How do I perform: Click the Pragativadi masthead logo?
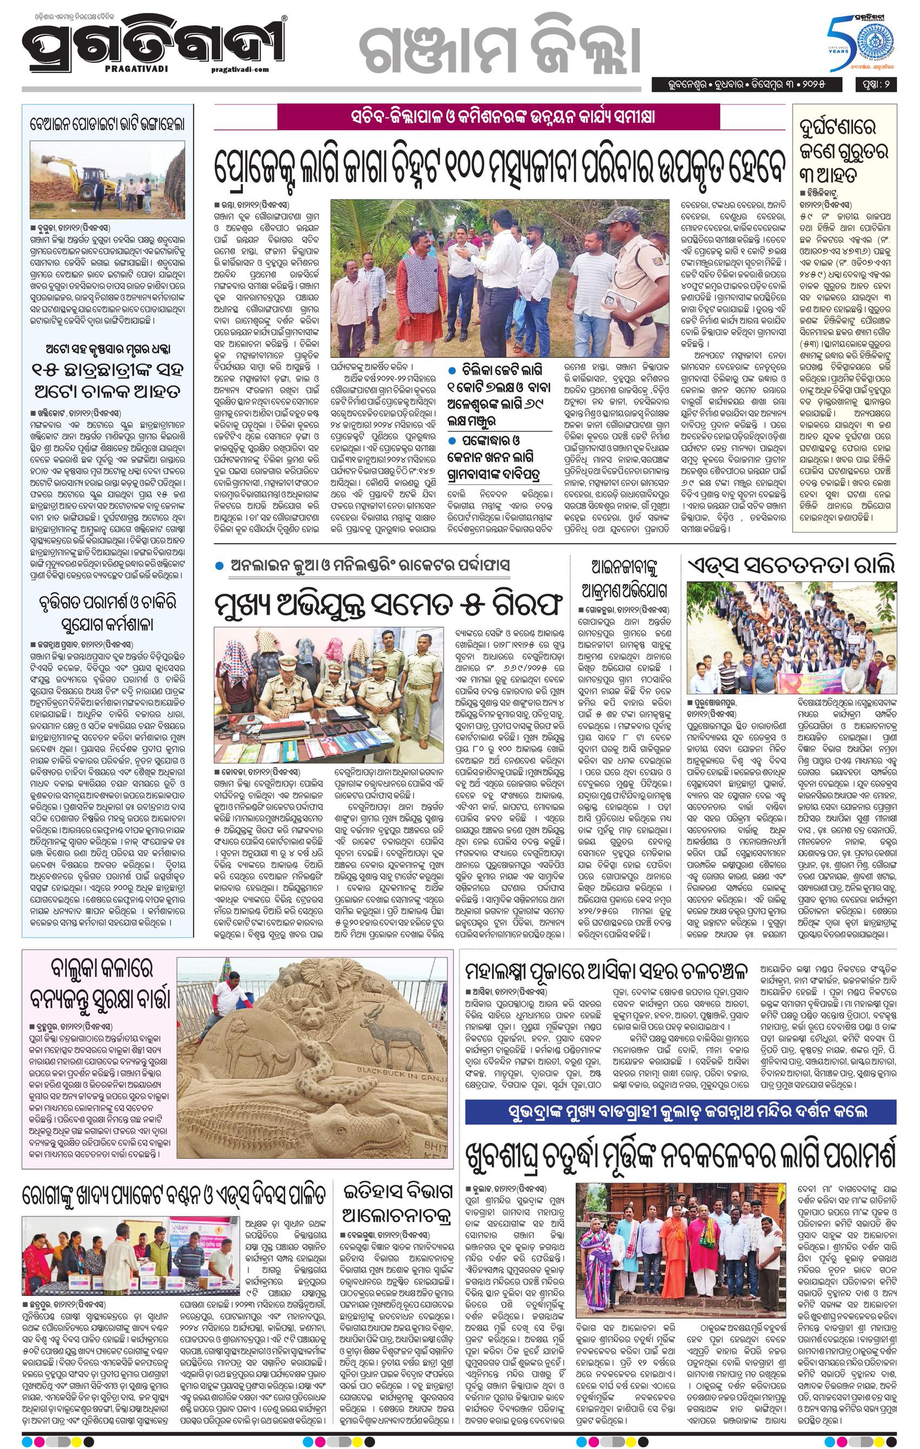pos(154,45)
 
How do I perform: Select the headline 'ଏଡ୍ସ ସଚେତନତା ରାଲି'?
pos(792,565)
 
